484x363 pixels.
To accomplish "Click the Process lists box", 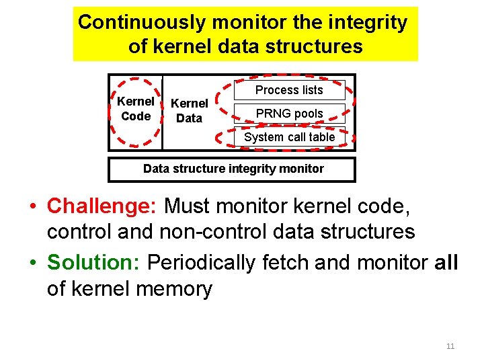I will [x=289, y=90].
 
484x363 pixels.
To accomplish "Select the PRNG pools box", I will [x=289, y=114].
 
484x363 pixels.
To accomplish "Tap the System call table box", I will [x=289, y=137].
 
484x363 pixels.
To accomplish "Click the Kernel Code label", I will [x=136, y=109].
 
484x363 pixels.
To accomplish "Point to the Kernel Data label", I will [x=189, y=111].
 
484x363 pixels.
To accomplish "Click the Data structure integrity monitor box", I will [x=233, y=169].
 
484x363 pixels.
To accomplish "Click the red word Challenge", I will [x=102, y=205].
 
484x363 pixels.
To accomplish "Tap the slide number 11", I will [x=450, y=346].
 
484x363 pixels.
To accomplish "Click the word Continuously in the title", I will [x=142, y=22].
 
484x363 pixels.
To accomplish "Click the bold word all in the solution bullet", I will [x=446, y=262].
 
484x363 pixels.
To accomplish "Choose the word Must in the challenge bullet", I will [x=189, y=205].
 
